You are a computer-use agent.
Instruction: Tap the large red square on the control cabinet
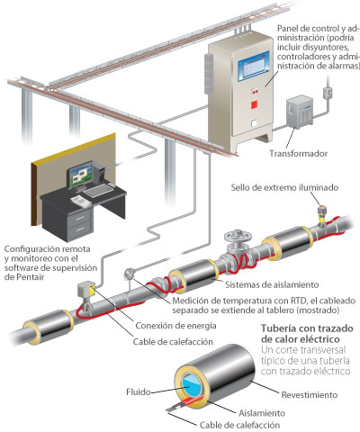(x=255, y=104)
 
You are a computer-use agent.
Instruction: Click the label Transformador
(x=298, y=154)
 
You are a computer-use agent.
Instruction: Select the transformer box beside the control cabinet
(x=300, y=112)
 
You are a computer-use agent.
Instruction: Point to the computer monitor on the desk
(x=81, y=175)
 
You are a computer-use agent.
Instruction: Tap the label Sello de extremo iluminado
(x=284, y=187)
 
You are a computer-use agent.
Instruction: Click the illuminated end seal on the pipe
(x=322, y=213)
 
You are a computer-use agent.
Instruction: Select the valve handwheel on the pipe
(x=238, y=236)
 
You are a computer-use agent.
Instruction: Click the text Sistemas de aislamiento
(x=272, y=284)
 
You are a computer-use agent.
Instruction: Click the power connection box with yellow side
(x=86, y=290)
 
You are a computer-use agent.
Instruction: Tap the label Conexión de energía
(x=175, y=326)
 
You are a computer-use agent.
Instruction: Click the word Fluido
(x=139, y=391)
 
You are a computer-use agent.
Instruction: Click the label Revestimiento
(x=310, y=395)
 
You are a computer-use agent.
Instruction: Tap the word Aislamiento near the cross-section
(x=262, y=413)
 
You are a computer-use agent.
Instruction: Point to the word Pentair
(x=24, y=277)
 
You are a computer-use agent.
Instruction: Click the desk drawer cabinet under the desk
(x=79, y=224)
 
